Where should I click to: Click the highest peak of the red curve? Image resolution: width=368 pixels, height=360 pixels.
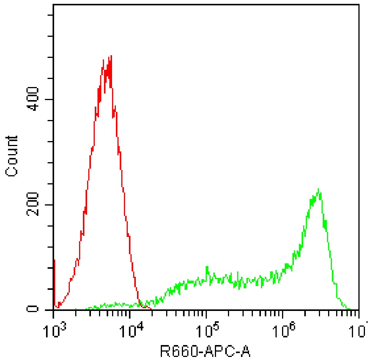(x=111, y=56)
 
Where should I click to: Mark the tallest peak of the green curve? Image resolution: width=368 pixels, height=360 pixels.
(x=318, y=189)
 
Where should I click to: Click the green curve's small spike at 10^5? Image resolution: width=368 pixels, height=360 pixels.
(x=207, y=267)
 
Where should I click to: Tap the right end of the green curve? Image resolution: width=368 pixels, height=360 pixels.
(x=349, y=309)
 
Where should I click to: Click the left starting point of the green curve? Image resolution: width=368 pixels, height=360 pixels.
(x=76, y=309)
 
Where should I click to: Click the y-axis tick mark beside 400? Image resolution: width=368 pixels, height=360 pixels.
(x=50, y=99)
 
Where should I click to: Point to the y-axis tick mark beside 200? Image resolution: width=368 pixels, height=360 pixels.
(x=50, y=204)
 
